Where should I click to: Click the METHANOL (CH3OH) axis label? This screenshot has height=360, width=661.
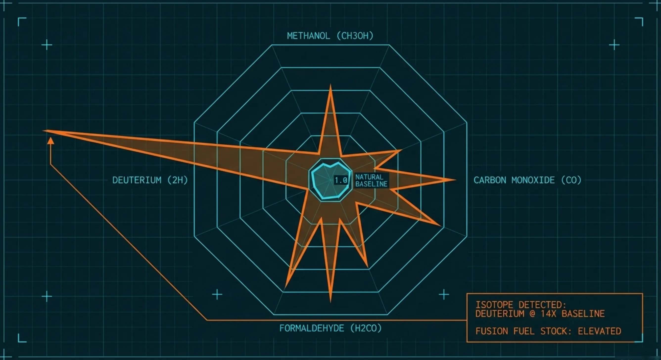point(330,36)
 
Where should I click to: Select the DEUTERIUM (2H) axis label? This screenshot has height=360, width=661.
point(150,180)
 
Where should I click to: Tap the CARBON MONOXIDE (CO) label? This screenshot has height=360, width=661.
point(527,180)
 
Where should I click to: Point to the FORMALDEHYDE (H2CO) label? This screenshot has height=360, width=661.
point(330,328)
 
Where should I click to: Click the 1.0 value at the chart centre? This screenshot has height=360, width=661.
point(341,180)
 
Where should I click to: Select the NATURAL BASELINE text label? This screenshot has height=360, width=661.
point(371,180)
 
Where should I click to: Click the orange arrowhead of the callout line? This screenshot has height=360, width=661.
point(51,140)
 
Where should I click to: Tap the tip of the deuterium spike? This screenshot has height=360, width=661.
point(44,131)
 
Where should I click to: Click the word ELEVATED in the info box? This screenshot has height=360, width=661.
point(599,331)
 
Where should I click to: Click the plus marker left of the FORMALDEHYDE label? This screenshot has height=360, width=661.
point(217,294)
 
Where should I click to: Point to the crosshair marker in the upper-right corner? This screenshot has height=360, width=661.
point(614,45)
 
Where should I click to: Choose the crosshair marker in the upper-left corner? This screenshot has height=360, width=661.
point(47,45)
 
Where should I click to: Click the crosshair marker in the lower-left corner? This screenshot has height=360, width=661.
point(47,296)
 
